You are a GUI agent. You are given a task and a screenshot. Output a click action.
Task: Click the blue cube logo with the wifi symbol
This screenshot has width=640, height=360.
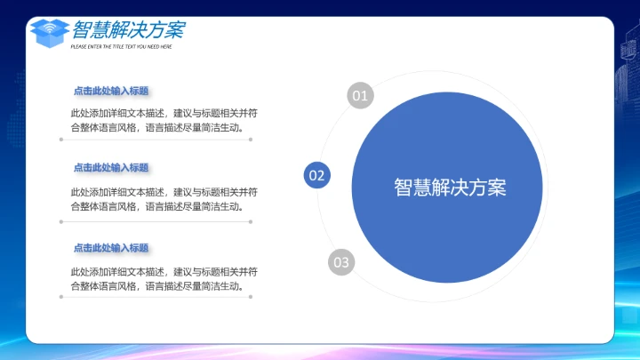coord(49,32)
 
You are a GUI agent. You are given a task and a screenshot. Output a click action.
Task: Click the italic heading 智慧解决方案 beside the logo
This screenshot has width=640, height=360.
coord(129,29)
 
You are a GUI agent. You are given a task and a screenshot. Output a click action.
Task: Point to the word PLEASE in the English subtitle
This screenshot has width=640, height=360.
coord(78,46)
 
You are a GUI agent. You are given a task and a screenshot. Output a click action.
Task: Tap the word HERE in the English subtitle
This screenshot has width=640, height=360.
coord(166,46)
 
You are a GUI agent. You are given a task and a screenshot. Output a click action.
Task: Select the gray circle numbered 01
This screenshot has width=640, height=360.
coord(359,94)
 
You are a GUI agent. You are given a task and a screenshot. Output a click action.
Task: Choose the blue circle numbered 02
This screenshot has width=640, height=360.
coord(317,175)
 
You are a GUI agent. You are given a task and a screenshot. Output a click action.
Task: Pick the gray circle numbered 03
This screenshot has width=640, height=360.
coord(341,262)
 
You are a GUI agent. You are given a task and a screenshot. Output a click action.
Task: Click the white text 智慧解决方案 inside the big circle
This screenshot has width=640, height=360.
coord(450,188)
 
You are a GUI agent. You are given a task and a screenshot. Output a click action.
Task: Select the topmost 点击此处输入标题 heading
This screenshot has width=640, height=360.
coord(111,91)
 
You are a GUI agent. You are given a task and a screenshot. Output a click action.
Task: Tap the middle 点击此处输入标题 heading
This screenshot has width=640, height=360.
coord(111,168)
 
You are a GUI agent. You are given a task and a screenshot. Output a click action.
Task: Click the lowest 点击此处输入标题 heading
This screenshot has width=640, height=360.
coord(111,248)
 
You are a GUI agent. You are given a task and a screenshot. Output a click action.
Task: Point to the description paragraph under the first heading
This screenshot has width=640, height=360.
coord(164,120)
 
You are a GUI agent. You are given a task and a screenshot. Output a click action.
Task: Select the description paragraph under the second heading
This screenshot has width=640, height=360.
coord(164,199)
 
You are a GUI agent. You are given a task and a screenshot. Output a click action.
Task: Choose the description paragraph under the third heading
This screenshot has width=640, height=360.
coord(164,278)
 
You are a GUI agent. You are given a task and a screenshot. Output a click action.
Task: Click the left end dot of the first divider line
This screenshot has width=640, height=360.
coord(61,140)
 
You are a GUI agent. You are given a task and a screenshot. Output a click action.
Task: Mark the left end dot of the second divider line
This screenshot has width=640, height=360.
coord(61,221)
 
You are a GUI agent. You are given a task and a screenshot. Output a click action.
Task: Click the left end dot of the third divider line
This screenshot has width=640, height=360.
coord(61,297)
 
